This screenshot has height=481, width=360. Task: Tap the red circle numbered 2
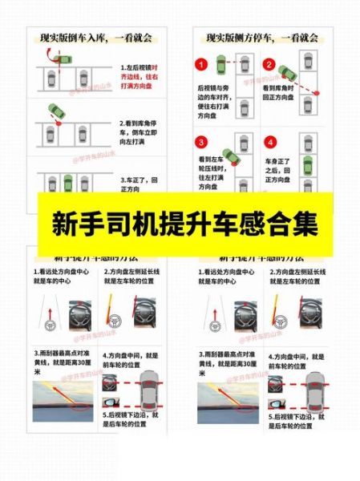pyautogui.click(x=270, y=64)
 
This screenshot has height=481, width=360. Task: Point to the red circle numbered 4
pyautogui.click(x=270, y=143)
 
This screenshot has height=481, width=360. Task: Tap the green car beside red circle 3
pyautogui.click(x=229, y=156)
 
